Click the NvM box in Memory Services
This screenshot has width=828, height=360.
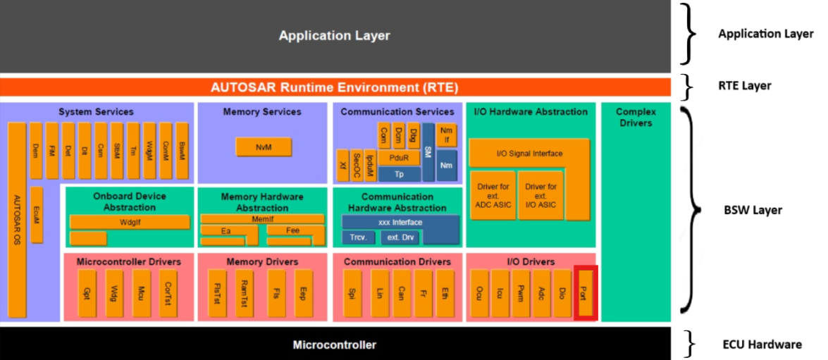point(263,147)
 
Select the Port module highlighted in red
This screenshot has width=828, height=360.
point(585,292)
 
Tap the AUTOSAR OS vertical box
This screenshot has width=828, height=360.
point(17,219)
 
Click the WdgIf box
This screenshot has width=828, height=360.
point(130,222)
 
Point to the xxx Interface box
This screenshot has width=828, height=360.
point(400,223)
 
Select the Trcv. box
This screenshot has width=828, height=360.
point(358,237)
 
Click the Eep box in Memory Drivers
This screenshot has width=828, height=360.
point(303,292)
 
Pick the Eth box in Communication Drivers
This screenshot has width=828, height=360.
point(443,292)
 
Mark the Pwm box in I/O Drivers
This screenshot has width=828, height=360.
point(521,292)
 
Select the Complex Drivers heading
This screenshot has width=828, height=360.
point(636,117)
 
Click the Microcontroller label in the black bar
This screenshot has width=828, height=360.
point(335,345)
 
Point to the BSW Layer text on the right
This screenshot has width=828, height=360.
point(753,210)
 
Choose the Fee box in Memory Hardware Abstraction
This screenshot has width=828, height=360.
point(293,230)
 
